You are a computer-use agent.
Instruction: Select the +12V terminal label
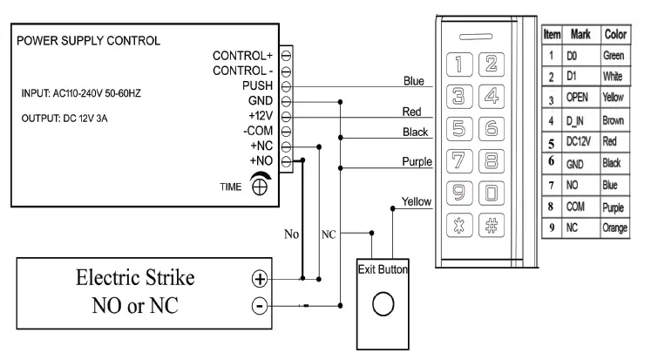click(261, 116)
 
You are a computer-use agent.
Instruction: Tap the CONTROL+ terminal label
click(245, 56)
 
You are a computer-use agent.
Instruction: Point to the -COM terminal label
click(261, 131)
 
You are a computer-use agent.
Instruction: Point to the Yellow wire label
click(417, 201)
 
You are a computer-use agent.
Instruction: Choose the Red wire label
click(412, 112)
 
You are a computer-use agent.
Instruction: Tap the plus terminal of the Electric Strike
click(258, 281)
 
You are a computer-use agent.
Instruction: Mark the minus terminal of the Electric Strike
click(258, 305)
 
